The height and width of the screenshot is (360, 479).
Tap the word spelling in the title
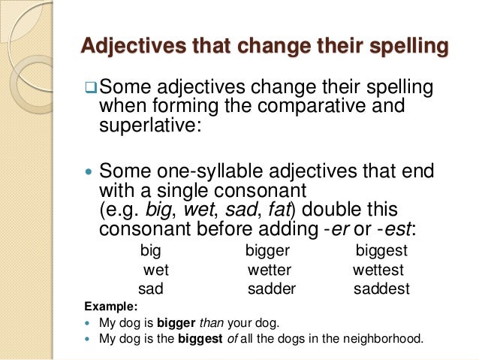tap(398, 47)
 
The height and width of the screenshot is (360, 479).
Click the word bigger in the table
tap(267, 250)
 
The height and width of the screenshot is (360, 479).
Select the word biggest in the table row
tap(381, 250)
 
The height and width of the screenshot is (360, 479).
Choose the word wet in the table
tap(156, 269)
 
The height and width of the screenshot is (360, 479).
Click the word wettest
tap(378, 269)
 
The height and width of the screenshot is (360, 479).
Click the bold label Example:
tap(111, 307)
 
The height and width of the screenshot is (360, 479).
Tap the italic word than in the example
tap(210, 324)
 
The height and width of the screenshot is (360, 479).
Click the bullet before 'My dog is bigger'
tap(91, 324)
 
